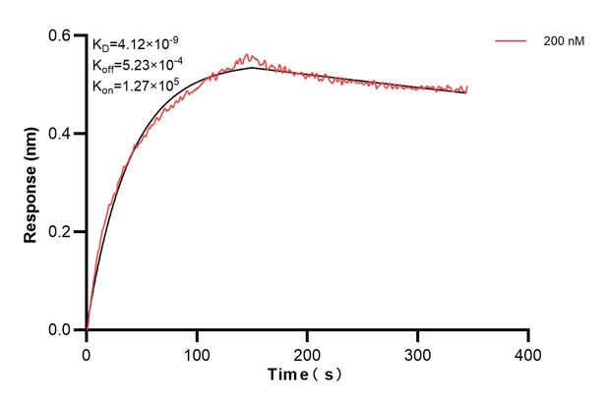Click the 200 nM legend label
click(560, 41)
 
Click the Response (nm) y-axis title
click(31, 183)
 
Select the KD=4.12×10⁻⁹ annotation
click(135, 44)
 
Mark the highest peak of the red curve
click(247, 55)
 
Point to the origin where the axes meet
click(87, 330)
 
